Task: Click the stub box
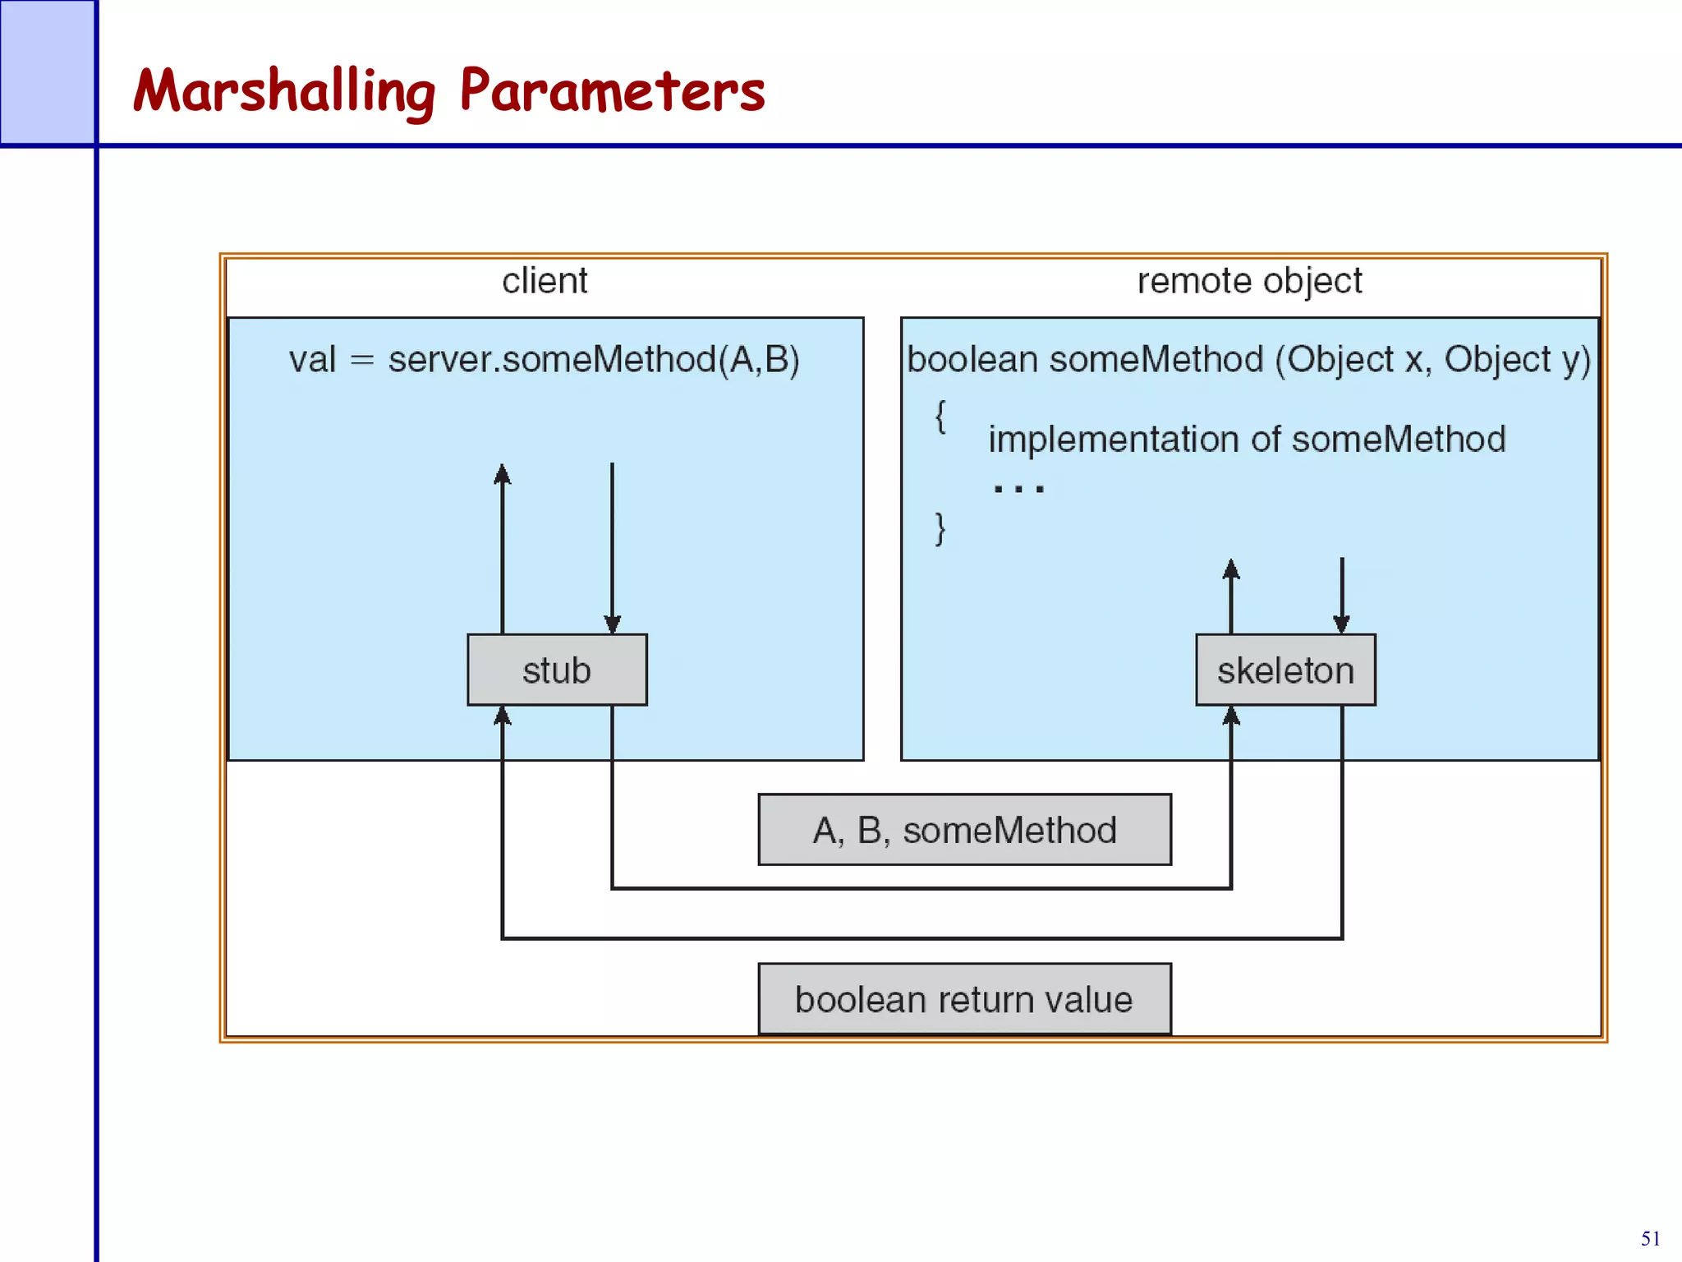557,670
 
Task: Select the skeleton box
1285,670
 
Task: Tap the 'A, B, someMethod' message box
964,830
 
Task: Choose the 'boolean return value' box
964,999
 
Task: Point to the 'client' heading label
545,281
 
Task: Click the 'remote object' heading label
1249,281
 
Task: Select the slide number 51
1650,1238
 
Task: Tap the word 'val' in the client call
312,360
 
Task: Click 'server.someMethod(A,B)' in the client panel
593,360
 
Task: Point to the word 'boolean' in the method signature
972,360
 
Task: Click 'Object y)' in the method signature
1517,360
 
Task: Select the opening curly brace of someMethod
940,416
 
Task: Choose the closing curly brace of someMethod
940,527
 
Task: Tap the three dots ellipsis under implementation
1018,489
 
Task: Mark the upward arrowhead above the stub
503,474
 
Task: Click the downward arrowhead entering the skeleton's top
1341,624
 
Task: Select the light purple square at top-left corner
47,71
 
